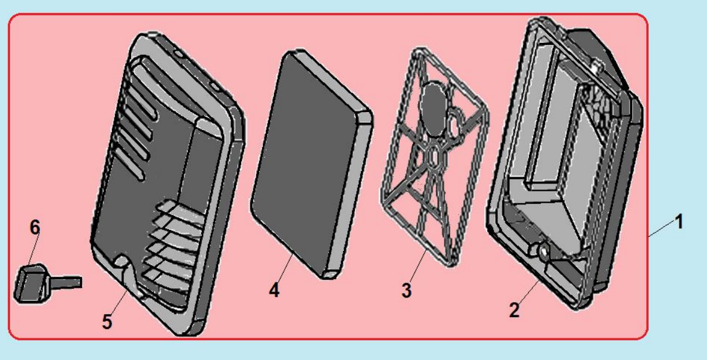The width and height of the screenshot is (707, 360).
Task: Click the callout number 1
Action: [678, 222]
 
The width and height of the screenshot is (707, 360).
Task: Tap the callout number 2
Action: [514, 311]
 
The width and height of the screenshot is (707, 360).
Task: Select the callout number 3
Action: [406, 290]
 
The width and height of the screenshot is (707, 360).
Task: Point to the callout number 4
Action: [274, 290]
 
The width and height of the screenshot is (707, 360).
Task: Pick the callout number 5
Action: [107, 322]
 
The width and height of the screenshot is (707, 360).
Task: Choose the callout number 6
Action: [35, 228]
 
